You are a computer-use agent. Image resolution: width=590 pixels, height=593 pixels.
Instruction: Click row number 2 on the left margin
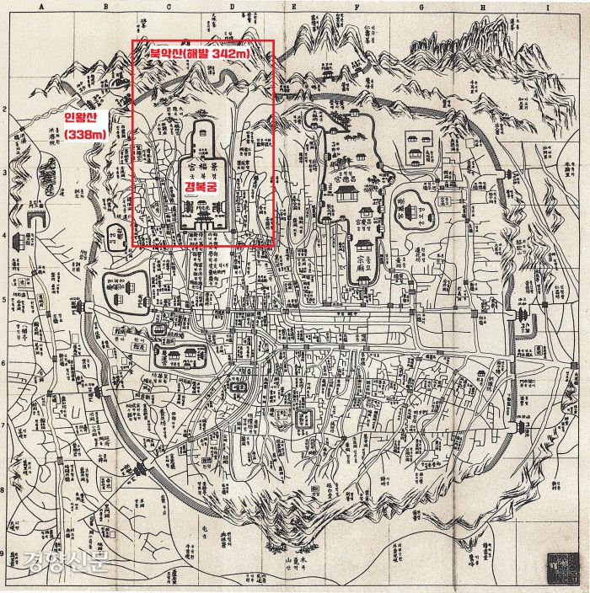pyautogui.click(x=5, y=110)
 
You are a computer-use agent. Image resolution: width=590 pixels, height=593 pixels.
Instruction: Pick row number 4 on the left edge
pyautogui.click(x=5, y=237)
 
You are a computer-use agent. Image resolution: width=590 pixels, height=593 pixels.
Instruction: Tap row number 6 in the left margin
pyautogui.click(x=5, y=364)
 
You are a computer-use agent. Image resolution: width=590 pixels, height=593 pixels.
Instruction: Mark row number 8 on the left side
pyautogui.click(x=5, y=491)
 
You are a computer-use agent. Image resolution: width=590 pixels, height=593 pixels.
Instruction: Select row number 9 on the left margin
pyautogui.click(x=5, y=553)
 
